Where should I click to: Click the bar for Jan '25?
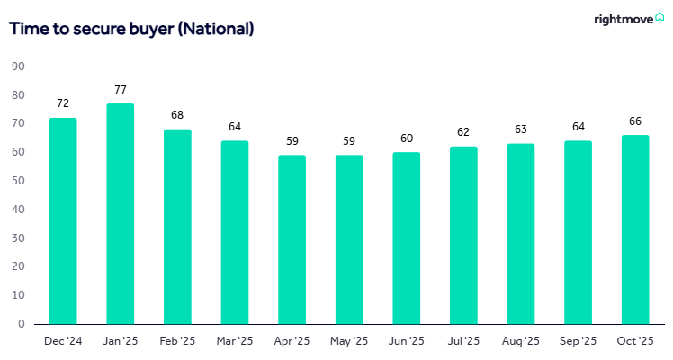pyautogui.click(x=120, y=214)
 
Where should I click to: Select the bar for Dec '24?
pyautogui.click(x=63, y=220)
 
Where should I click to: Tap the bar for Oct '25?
pyautogui.click(x=634, y=229)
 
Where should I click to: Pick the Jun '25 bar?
pyautogui.click(x=406, y=238)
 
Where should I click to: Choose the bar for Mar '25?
pyautogui.click(x=234, y=232)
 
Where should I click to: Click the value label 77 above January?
pyautogui.click(x=120, y=90)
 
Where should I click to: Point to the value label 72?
pyautogui.click(x=63, y=104)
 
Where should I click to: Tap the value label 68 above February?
pyautogui.click(x=177, y=115)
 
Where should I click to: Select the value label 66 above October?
pyautogui.click(x=634, y=121)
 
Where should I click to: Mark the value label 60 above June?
pyautogui.click(x=406, y=139)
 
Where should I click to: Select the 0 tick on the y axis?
pyautogui.click(x=21, y=324)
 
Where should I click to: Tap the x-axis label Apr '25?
pyautogui.click(x=292, y=341)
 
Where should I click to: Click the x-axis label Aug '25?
pyautogui.click(x=520, y=341)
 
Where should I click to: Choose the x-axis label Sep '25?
pyautogui.click(x=578, y=341)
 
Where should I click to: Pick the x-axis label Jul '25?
pyautogui.click(x=463, y=341)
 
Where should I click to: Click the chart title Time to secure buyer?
pyautogui.click(x=131, y=29)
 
